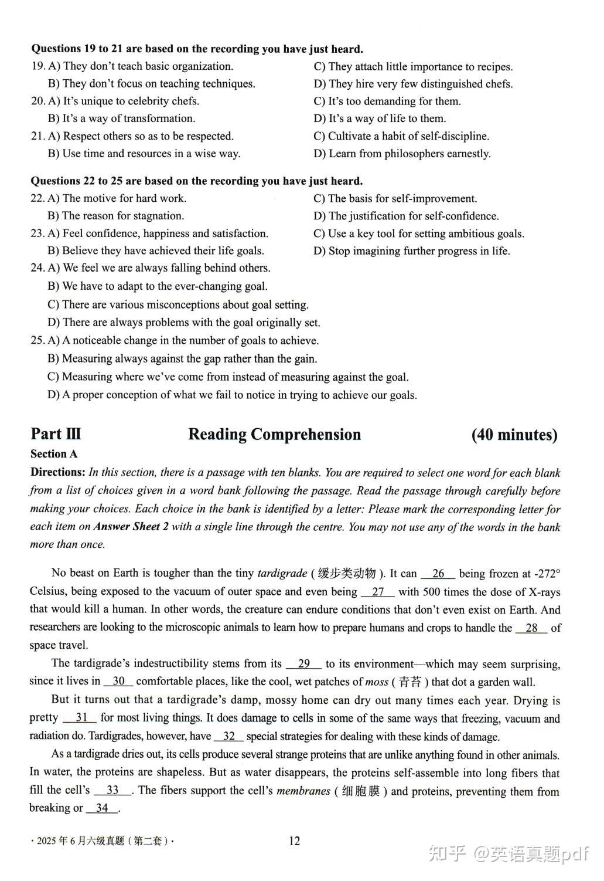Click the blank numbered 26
438,574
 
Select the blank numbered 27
378,592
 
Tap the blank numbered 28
531,628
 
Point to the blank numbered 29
303,664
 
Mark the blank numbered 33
112,791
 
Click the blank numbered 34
102,808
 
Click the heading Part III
56,434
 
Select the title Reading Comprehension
274,435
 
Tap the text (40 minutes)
514,435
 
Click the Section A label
54,454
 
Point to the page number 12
294,841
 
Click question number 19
37,66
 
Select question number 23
37,233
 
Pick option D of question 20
380,118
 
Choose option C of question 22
395,199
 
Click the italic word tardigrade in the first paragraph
282,574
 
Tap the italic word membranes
303,791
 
